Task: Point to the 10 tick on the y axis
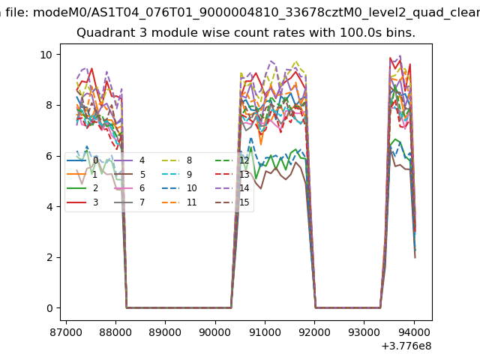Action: pyautogui.click(x=45, y=55)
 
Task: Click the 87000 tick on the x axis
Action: pyautogui.click(x=66, y=330)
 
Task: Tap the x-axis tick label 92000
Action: pyautogui.click(x=314, y=330)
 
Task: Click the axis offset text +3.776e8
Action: pyautogui.click(x=406, y=346)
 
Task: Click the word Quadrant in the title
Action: pyautogui.click(x=102, y=33)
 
